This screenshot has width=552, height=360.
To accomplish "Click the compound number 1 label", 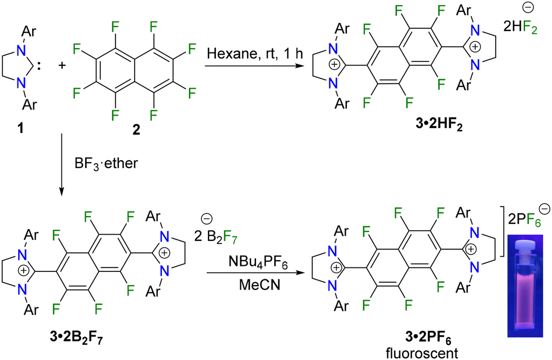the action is [x=21, y=129].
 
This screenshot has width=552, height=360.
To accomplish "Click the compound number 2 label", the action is [x=136, y=130].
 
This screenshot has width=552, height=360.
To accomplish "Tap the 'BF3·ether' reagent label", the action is [x=107, y=163].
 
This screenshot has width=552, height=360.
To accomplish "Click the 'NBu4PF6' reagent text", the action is [x=258, y=263].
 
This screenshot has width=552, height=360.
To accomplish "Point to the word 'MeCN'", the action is [x=260, y=284].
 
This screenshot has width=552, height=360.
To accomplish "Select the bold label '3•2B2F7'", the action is [x=77, y=338].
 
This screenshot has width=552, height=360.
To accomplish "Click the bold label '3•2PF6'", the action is [x=428, y=339].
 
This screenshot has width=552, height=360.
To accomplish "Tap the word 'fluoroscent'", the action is [x=422, y=353].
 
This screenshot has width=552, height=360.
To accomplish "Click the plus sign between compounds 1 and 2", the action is [x=62, y=65].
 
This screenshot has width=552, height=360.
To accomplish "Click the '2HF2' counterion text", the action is [x=520, y=27].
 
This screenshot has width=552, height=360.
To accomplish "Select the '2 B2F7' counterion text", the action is [x=216, y=237].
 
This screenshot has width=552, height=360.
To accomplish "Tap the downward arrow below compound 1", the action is [x=61, y=164].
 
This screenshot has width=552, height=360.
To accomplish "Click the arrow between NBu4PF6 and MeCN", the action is [x=255, y=273].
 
